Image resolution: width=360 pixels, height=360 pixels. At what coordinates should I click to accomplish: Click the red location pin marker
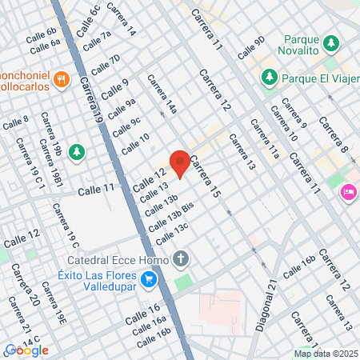pyautogui.click(x=180, y=163)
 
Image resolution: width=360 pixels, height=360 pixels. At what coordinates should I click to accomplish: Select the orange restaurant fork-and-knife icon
pyautogui.click(x=62, y=79)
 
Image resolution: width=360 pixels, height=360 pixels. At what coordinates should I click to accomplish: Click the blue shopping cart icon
pyautogui.click(x=148, y=279)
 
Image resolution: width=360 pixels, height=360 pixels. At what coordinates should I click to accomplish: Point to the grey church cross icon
pyautogui.click(x=181, y=258)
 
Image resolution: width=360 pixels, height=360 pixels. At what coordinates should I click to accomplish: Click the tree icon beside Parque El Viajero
pyautogui.click(x=269, y=78)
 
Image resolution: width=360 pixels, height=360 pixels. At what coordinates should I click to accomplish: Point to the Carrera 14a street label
pyautogui.click(x=160, y=94)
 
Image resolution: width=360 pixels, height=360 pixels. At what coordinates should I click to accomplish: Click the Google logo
pyautogui.click(x=26, y=350)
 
